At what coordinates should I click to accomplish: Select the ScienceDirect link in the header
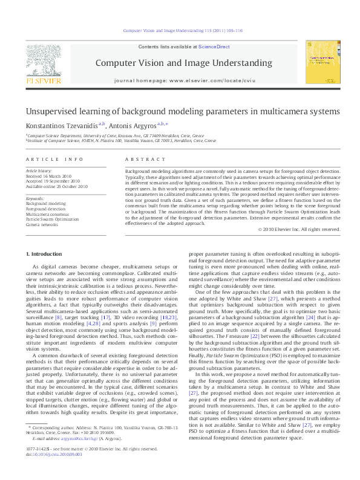pyautogui.click(x=214, y=47)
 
